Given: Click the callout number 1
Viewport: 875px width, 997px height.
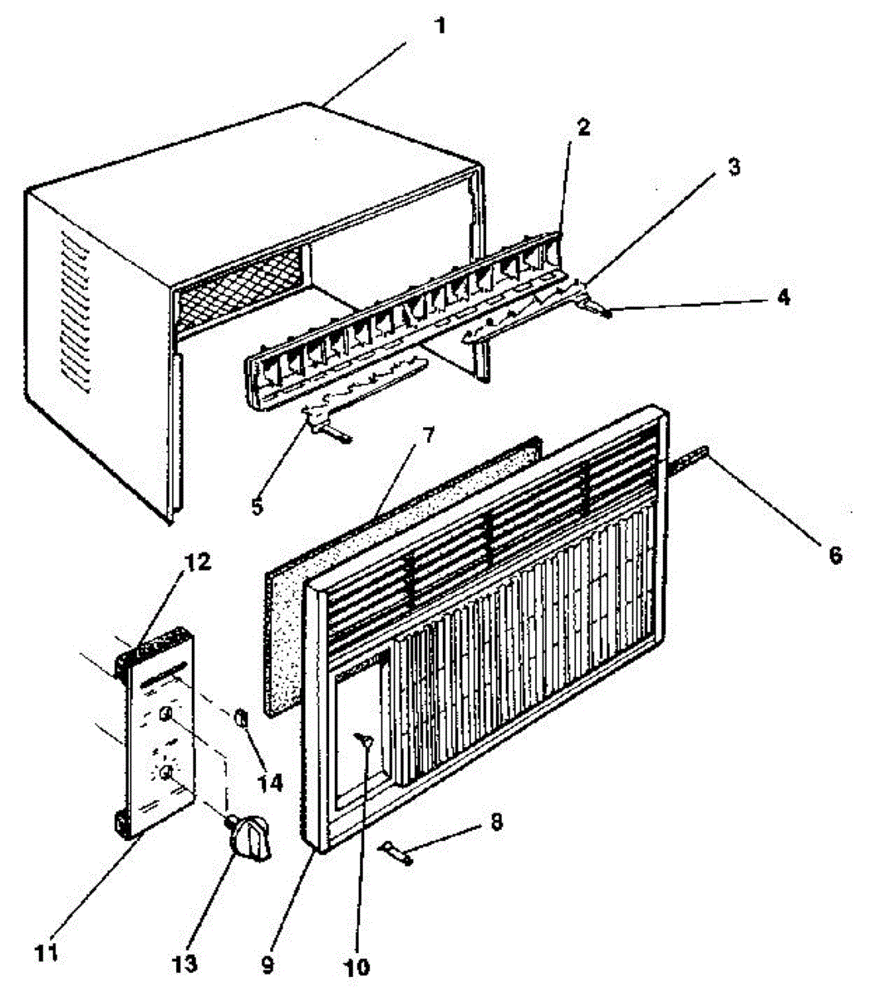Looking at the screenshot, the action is click(441, 26).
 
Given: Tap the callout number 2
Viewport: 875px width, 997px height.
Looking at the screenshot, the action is click(583, 127).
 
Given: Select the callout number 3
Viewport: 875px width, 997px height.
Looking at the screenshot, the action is click(733, 167).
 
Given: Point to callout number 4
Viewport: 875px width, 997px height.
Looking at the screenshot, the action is click(783, 297).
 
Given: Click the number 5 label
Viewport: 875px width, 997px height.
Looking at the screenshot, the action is click(258, 506).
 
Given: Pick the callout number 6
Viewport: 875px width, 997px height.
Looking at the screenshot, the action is click(835, 556).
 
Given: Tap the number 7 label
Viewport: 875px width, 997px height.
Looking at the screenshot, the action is click(428, 435).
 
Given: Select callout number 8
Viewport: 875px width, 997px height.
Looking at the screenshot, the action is click(497, 822).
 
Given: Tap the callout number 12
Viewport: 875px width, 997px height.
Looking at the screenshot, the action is click(198, 562).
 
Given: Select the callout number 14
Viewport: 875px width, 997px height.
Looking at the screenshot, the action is click(270, 783).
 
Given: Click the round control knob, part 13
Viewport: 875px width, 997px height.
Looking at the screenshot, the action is click(249, 841).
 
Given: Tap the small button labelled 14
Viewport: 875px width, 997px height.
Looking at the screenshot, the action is click(241, 718).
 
